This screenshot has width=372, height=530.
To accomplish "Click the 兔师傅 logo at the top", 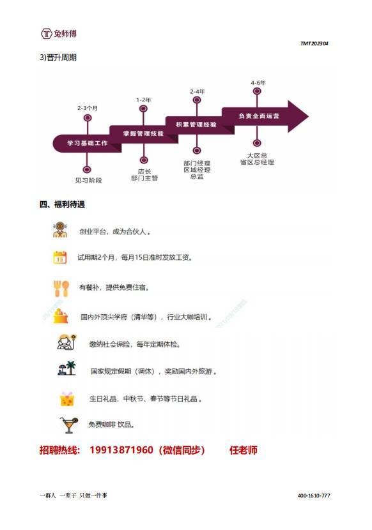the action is coord(59,33).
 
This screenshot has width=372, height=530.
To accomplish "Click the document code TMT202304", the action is coord(314,43).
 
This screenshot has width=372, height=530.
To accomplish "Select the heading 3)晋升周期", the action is coord(58,57).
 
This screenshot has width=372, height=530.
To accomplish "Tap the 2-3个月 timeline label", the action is coord(88,108).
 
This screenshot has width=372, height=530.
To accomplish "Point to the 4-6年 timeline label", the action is coord(258,83).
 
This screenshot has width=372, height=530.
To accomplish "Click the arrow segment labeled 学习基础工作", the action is coord(87,143).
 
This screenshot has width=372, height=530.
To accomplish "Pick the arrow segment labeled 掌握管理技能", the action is coord(144,134).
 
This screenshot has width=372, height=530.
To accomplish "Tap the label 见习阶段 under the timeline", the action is coord(88,181).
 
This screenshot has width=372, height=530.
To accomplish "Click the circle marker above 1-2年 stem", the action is coord(143,109).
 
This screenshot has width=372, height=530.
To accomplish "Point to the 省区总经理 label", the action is coord(257,162).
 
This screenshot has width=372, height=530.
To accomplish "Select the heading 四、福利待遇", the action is coord(62,204).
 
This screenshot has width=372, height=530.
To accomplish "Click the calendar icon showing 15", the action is coord(60,257).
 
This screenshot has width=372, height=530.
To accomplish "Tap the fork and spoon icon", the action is coord(61,289).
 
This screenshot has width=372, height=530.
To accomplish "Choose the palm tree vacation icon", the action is coord(66,368).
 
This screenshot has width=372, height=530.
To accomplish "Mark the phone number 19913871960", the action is coord(121,450).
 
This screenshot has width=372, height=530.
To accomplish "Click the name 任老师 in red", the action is coord(244,450).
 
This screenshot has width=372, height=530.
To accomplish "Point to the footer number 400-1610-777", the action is coord(314,496).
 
